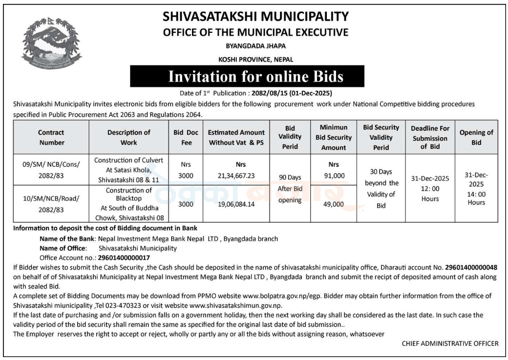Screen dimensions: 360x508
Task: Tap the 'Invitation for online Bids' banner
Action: pos(256,77)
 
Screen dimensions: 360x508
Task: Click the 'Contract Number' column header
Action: pos(51,137)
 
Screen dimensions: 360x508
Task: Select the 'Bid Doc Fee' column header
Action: pos(186,137)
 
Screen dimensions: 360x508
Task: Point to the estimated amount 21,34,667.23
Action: pos(236,174)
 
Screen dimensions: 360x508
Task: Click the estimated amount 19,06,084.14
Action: pos(236,204)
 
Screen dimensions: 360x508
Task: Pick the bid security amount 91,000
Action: pos(334,175)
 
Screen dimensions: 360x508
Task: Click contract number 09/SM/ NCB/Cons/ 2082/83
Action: pos(51,169)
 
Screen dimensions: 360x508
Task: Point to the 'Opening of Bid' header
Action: pos(476,137)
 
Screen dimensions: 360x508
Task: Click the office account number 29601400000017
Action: pos(124,257)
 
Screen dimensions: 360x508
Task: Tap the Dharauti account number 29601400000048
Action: pos(471,267)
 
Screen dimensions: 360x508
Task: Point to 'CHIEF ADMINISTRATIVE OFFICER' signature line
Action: pos(450,343)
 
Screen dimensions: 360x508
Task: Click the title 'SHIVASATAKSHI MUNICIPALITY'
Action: pos(256,17)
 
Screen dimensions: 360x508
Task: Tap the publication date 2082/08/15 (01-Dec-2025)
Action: pos(291,92)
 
